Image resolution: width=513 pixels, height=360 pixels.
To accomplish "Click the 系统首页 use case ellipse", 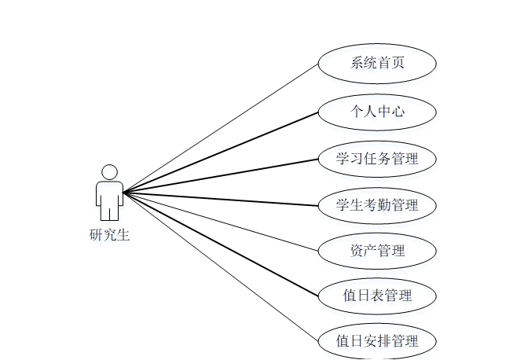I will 377,64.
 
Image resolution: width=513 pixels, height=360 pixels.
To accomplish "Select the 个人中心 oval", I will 377,112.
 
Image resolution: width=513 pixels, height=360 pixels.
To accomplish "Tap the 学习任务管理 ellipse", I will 377,159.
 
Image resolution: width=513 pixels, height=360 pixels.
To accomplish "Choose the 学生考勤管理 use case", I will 377,205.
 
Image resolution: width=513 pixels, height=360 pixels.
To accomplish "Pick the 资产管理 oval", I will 377,251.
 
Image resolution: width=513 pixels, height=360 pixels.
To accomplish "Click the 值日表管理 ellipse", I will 377,296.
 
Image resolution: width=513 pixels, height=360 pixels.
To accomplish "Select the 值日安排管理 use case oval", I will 377,341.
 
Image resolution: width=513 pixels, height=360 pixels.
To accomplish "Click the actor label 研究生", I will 109,234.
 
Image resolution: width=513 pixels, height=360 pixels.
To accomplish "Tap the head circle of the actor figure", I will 110,171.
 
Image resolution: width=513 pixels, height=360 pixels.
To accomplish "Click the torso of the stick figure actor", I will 110,192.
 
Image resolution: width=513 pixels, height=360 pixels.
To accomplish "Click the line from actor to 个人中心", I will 221,152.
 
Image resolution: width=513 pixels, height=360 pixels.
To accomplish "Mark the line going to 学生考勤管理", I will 221,198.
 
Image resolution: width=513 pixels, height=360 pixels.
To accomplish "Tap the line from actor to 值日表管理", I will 221,243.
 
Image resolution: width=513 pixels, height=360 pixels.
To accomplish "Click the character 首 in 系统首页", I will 385,64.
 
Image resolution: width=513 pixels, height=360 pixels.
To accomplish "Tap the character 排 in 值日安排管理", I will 383,341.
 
